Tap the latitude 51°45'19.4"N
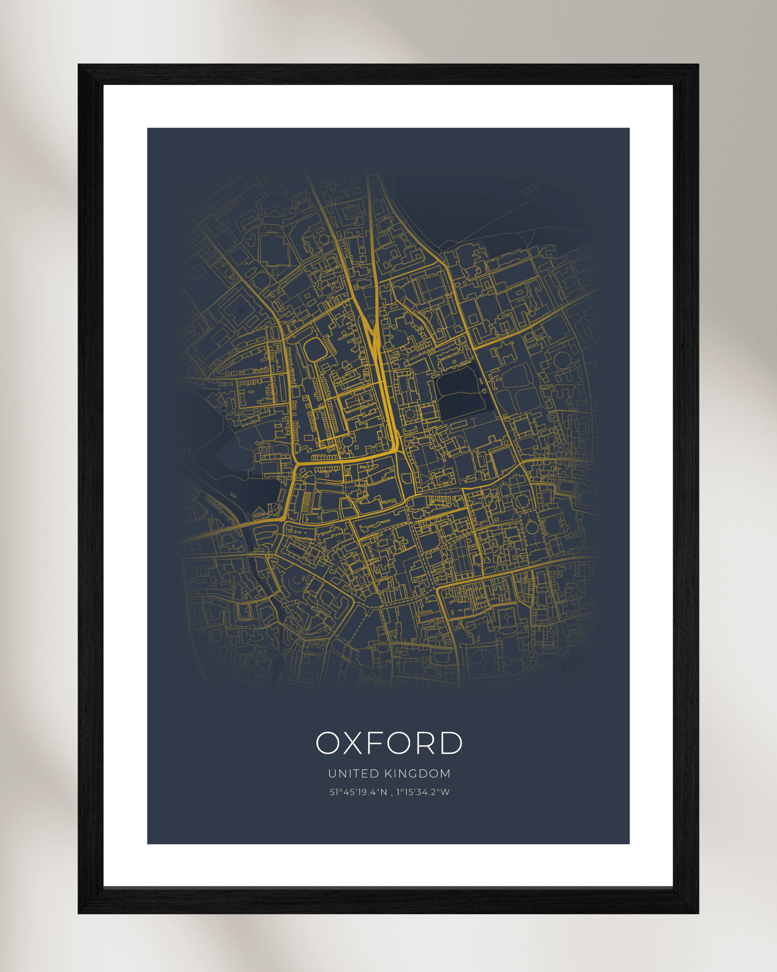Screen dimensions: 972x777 tap(358, 792)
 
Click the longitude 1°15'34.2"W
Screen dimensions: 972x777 tap(423, 792)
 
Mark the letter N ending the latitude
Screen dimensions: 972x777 tap(384, 792)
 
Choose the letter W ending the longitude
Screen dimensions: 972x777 tap(445, 792)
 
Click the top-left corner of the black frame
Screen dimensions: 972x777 tap(80, 66)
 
